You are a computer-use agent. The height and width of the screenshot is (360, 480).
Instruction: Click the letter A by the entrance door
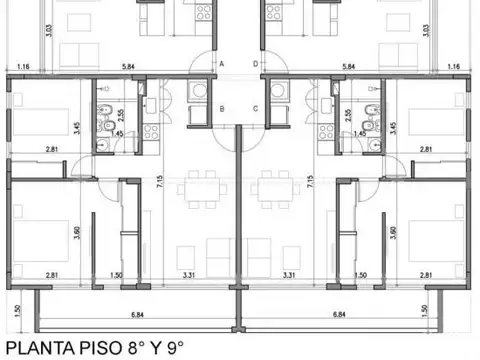pyautogui.click(x=222, y=62)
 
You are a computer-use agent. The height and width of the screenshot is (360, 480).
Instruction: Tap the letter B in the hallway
pyautogui.click(x=222, y=108)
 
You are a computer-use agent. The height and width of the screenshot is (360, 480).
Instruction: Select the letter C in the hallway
pyautogui.click(x=256, y=108)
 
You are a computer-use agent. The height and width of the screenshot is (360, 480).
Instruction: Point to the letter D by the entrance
pyautogui.click(x=256, y=62)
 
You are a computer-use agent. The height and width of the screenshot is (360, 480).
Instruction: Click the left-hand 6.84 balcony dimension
pyautogui.click(x=137, y=316)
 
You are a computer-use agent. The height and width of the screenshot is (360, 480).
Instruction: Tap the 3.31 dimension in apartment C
pyautogui.click(x=289, y=274)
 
